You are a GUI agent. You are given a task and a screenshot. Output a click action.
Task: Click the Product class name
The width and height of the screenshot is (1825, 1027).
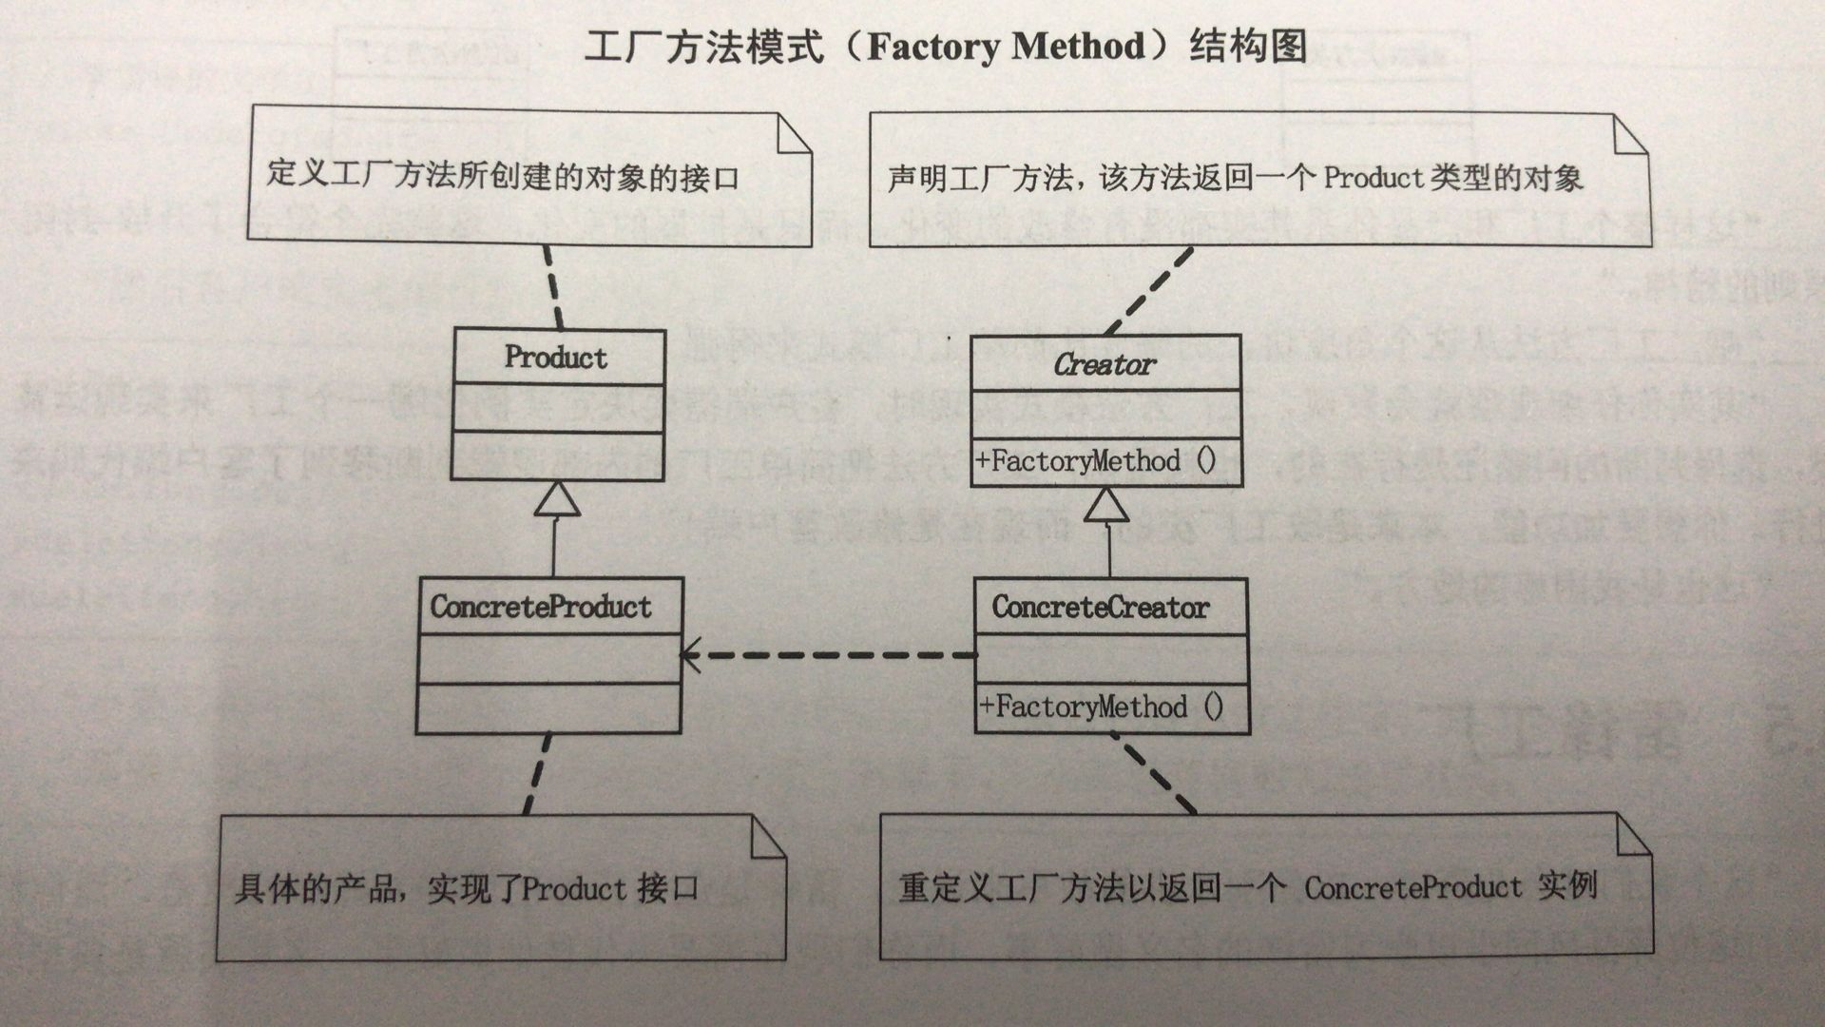(x=556, y=358)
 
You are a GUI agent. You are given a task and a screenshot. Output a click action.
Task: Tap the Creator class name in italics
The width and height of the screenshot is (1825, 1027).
(x=1105, y=364)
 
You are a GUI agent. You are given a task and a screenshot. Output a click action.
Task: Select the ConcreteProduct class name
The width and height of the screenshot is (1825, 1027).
(x=541, y=607)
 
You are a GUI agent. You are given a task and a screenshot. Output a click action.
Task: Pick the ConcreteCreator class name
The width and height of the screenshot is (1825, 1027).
(x=1101, y=607)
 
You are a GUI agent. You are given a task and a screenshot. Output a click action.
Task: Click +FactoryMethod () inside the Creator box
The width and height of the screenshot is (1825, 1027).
(x=1096, y=462)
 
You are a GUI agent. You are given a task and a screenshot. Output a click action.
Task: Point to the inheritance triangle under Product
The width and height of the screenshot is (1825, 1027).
(x=556, y=499)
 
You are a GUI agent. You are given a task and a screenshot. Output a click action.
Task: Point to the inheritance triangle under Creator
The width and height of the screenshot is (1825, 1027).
(x=1106, y=505)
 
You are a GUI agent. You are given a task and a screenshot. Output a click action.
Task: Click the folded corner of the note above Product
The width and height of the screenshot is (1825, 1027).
(x=794, y=134)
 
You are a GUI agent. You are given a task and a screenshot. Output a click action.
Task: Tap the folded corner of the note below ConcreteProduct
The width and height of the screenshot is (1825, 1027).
(x=767, y=837)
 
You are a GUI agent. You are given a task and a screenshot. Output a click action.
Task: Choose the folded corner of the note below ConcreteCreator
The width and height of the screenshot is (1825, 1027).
(x=1633, y=835)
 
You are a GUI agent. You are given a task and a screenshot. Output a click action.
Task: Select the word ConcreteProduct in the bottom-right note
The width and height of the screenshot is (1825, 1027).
(x=1412, y=888)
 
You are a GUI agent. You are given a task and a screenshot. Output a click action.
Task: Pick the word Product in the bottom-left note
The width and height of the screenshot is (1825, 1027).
(x=574, y=889)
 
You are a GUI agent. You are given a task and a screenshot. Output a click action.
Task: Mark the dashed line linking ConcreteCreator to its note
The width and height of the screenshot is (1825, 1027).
(x=1158, y=774)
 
